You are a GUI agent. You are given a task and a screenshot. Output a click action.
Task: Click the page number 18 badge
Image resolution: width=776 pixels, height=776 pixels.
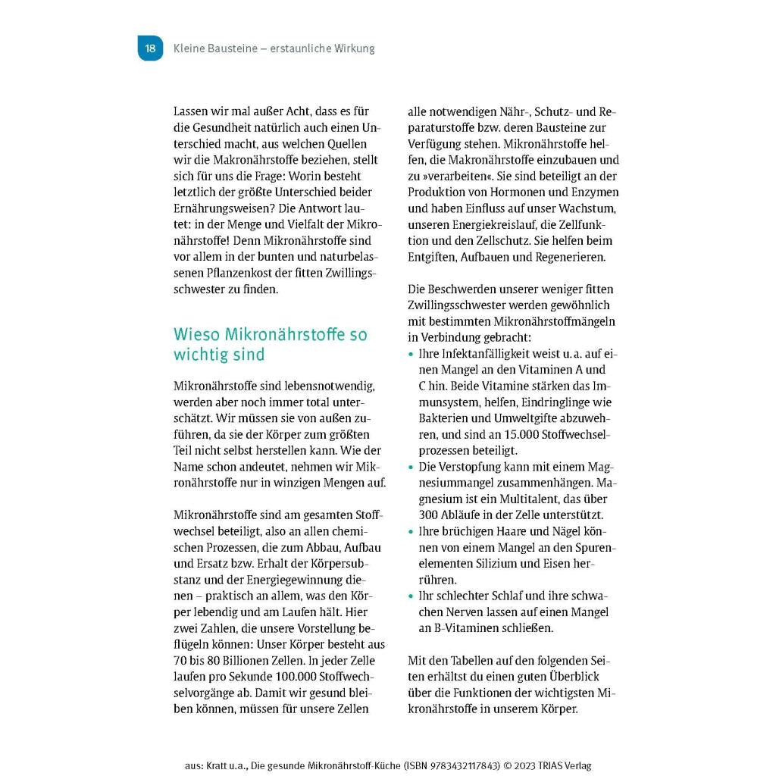(x=150, y=48)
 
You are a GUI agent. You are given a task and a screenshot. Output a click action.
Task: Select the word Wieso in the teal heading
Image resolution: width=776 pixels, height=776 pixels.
(x=195, y=334)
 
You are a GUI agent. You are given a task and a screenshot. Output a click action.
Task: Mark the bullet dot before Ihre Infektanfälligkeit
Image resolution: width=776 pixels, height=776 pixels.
(x=411, y=355)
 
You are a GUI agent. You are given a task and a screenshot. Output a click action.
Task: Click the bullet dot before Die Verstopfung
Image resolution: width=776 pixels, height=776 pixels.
(x=411, y=468)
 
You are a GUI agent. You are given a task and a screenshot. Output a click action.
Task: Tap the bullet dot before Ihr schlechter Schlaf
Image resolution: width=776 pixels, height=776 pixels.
(x=411, y=596)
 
